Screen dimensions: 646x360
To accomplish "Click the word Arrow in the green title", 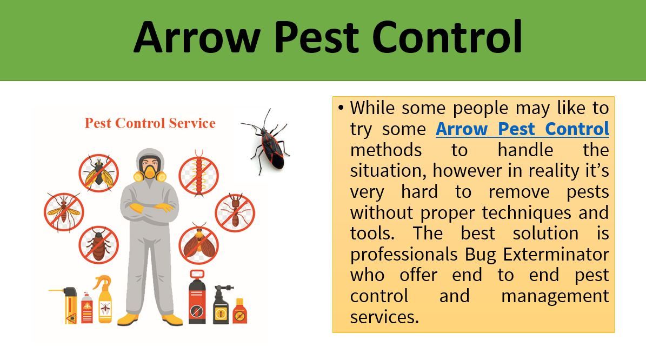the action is (197, 37).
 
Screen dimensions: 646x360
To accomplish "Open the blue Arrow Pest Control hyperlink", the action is (522, 129).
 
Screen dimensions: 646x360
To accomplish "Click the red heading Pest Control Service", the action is (150, 123).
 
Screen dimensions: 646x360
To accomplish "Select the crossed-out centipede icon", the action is (198, 175).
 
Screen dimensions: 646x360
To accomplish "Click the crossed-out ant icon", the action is (235, 213).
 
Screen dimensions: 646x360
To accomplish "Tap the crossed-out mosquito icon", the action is (64, 212).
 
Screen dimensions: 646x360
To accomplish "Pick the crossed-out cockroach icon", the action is (98, 245).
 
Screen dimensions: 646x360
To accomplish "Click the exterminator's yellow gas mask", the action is (150, 172).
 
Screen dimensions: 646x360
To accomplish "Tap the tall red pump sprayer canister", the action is (197, 297).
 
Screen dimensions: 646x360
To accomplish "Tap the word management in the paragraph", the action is (555, 296).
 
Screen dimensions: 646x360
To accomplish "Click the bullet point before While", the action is (341, 108).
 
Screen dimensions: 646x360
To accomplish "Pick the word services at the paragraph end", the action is (384, 317).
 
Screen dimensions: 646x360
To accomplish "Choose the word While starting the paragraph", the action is (372, 108).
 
